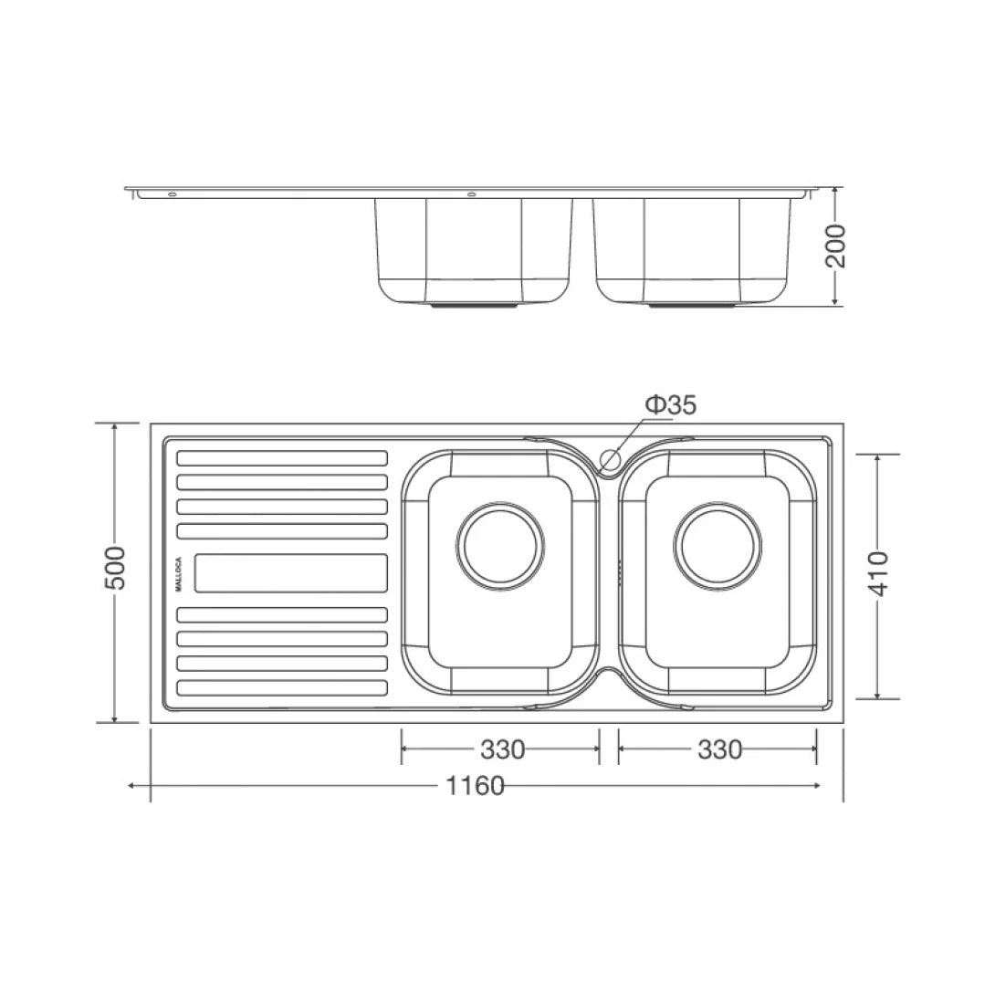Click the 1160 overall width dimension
[x=476, y=786]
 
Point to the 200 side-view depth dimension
[x=836, y=246]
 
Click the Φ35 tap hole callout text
[x=671, y=405]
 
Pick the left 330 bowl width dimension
[x=502, y=749]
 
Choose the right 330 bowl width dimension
[x=719, y=749]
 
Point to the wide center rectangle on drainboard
[x=290, y=573]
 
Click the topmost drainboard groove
[x=281, y=457]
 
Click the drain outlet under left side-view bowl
[x=474, y=307]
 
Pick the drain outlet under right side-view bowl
[x=691, y=307]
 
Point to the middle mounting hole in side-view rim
[x=472, y=194]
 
